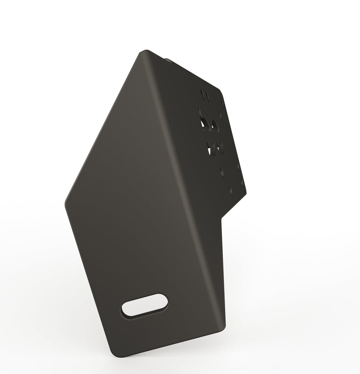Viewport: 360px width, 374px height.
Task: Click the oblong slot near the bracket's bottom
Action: [145, 306]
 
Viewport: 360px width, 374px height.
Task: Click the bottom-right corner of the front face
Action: [223, 328]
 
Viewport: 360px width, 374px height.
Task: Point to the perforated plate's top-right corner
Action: [220, 91]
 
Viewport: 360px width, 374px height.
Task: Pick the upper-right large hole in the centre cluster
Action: [215, 126]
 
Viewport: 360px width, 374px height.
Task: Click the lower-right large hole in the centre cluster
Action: [219, 147]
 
